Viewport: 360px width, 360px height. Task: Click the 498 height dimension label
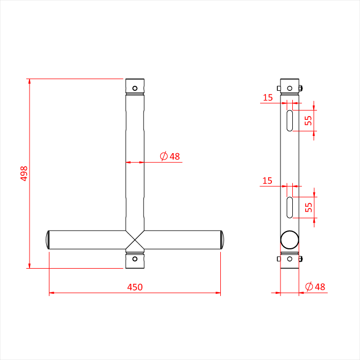pyautogui.click(x=24, y=174)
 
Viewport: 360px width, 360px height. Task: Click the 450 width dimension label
pyautogui.click(x=135, y=287)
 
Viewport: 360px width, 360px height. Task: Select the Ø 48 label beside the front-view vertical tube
pyautogui.click(x=170, y=156)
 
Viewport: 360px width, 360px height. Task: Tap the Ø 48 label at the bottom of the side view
pyautogui.click(x=315, y=286)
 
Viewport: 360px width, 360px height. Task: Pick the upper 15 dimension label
pyautogui.click(x=268, y=98)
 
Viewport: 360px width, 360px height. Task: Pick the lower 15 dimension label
pyautogui.click(x=267, y=181)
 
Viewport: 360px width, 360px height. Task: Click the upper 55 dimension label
pyautogui.click(x=308, y=120)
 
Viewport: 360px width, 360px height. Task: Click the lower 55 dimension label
pyautogui.click(x=308, y=207)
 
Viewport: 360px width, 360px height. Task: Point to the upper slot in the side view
pyautogui.click(x=290, y=121)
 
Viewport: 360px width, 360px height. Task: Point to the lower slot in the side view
pyautogui.click(x=290, y=207)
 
